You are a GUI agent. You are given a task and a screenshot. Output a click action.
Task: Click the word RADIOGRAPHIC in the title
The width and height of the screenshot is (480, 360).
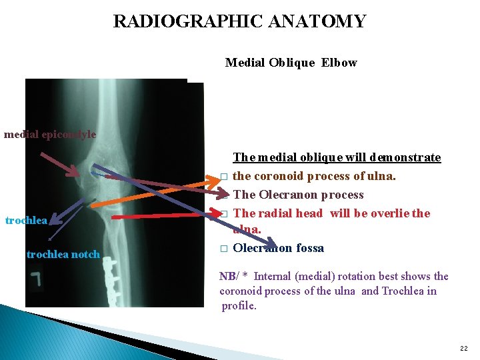coord(175,21)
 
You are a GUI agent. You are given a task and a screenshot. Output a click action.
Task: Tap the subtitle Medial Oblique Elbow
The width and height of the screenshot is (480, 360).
coord(291,63)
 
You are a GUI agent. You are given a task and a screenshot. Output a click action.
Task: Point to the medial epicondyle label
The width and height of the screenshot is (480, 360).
coord(50,134)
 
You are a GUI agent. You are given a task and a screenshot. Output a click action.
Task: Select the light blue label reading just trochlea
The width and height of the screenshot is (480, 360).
coord(25,220)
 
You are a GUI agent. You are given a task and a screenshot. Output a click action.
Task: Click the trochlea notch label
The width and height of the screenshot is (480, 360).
coord(63,254)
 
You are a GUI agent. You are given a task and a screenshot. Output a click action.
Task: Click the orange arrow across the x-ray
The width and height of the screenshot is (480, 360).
coord(160,193)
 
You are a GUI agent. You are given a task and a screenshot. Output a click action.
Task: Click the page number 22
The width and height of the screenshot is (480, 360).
coord(463,349)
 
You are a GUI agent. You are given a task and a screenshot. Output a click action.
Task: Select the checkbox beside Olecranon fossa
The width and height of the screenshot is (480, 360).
coord(224,249)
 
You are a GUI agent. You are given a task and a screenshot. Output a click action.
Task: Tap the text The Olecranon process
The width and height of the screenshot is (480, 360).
coord(298,195)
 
